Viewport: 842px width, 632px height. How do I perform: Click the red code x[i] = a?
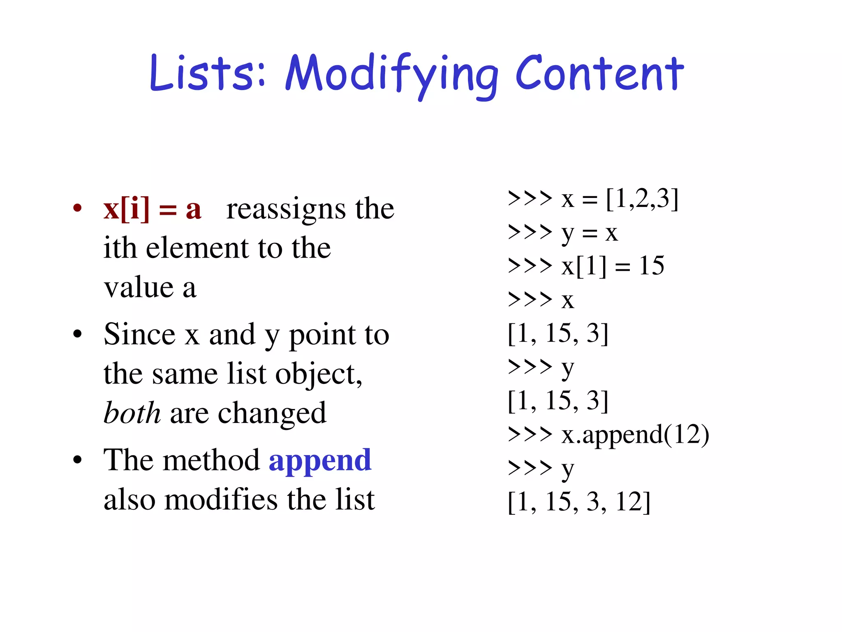(x=152, y=209)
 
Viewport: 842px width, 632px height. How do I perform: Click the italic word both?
(x=132, y=413)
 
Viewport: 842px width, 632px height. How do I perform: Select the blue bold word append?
(x=320, y=460)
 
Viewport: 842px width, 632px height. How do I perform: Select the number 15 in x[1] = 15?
(x=652, y=266)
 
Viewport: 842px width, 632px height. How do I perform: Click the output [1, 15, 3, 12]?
(x=579, y=502)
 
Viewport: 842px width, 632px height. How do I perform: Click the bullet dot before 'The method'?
(x=77, y=460)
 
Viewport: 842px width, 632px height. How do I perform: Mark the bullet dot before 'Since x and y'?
(x=77, y=334)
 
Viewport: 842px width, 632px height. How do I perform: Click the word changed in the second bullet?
(x=272, y=413)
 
